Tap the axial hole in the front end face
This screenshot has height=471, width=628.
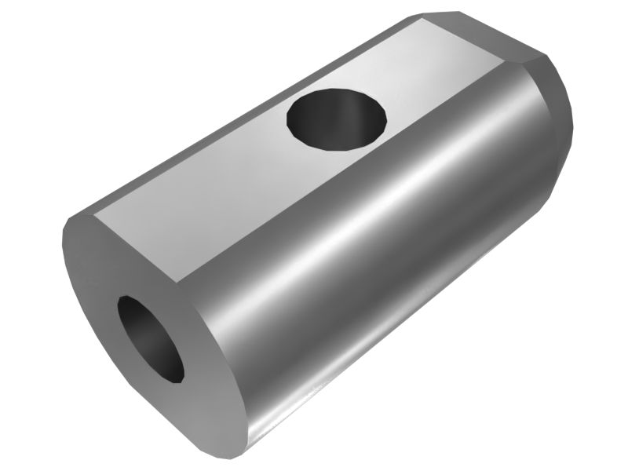pos(150,338)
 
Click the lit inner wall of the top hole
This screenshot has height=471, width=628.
pos(357,118)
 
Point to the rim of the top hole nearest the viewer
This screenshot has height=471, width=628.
pos(330,147)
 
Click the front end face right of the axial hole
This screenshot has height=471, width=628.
pos(208,369)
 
